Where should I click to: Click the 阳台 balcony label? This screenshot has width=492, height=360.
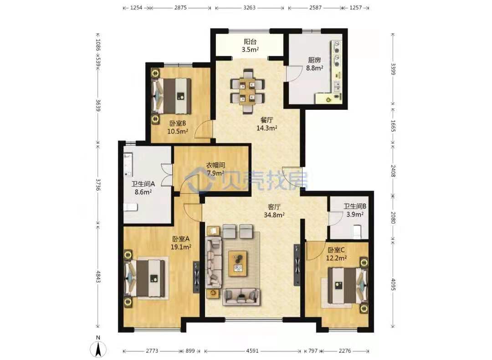(250, 41)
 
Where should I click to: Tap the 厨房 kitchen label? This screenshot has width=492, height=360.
(314, 60)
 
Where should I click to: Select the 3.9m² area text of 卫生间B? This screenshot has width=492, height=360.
(355, 214)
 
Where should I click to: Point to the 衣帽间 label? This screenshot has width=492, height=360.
(215, 165)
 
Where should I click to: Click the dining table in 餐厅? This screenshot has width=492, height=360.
(247, 91)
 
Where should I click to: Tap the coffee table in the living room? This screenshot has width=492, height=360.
(238, 264)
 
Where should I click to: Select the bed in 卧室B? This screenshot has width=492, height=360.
(172, 96)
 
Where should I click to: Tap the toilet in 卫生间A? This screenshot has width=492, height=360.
(130, 207)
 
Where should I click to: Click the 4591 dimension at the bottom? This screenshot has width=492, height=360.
(252, 351)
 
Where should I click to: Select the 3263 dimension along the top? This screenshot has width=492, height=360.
(250, 8)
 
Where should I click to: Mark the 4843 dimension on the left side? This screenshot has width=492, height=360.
(98, 277)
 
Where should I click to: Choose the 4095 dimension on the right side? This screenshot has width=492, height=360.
(393, 284)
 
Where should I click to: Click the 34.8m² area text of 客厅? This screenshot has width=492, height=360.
(274, 215)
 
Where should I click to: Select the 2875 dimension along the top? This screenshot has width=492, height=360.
(180, 8)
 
